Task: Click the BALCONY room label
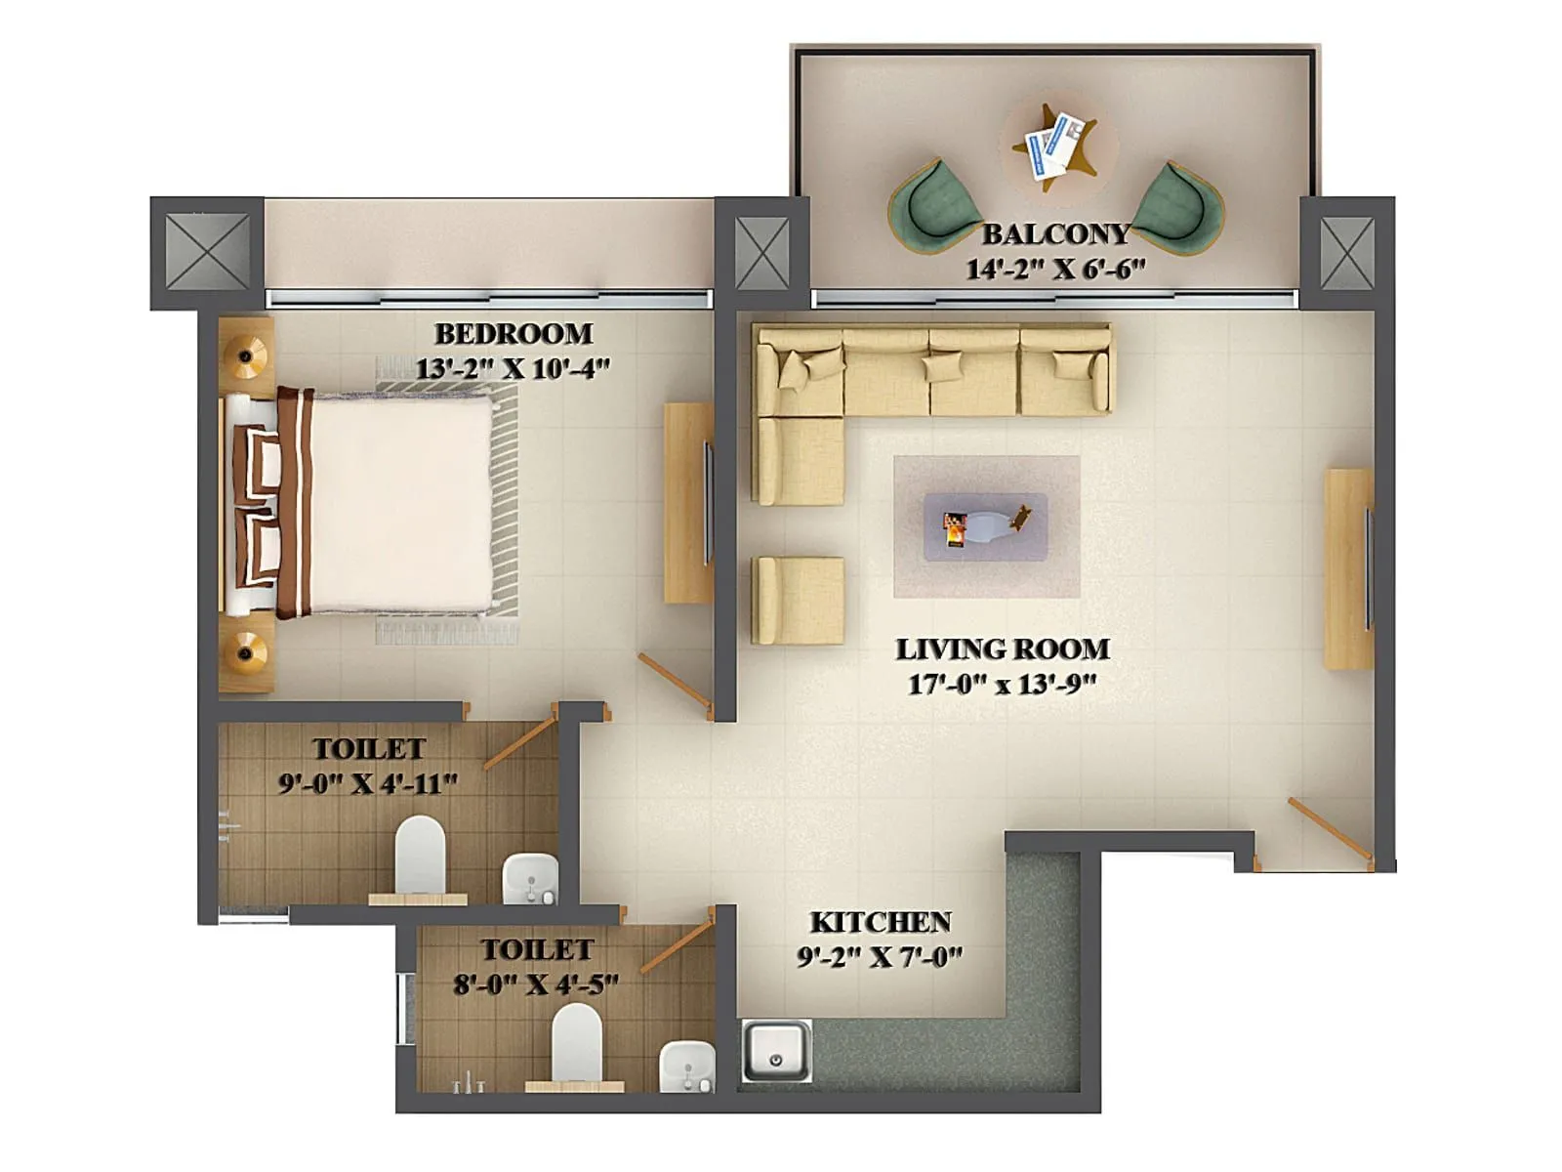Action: coord(1055,234)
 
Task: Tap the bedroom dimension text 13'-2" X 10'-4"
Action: coord(513,369)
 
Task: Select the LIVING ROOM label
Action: coord(1003,649)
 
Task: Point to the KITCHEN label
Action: coord(881,922)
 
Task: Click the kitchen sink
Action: coord(776,1051)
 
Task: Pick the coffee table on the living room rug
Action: coord(985,526)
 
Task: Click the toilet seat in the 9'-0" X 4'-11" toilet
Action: coord(421,855)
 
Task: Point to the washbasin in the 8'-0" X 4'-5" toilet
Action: coord(687,1066)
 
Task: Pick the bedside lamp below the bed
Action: coord(246,651)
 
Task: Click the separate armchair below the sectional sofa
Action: coord(798,601)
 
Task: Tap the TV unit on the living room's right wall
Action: coord(1348,569)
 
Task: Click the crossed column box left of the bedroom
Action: coord(207,252)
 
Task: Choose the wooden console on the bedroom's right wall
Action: coord(688,503)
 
